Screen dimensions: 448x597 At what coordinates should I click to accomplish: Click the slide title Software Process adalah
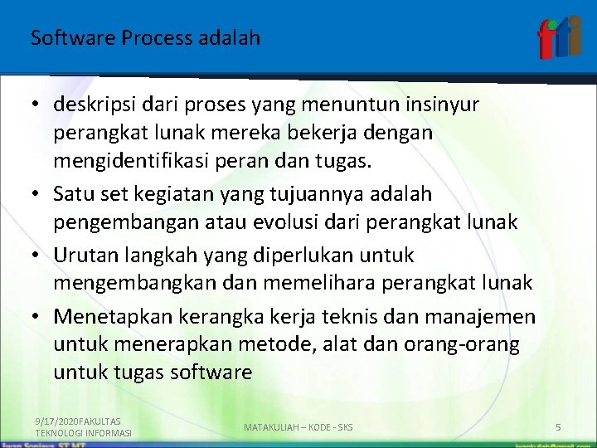(145, 38)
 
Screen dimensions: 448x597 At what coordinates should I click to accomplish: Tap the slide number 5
(558, 427)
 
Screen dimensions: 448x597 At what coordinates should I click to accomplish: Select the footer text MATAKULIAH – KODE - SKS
(298, 427)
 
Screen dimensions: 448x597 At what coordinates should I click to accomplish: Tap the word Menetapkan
(105, 316)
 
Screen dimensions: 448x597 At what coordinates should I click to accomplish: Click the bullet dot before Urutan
(38, 255)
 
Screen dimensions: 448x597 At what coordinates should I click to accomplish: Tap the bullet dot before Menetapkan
(38, 317)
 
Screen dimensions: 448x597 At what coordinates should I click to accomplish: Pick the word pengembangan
(118, 222)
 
